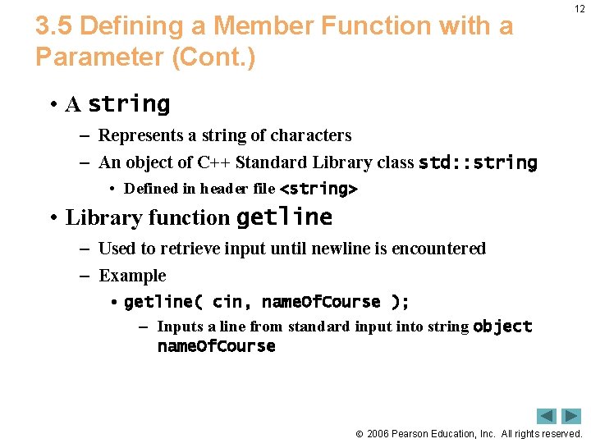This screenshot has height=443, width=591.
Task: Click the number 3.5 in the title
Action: click(54, 26)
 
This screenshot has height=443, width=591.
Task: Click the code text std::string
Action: click(478, 162)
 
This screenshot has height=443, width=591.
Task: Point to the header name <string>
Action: click(318, 189)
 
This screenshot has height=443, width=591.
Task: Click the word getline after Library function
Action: click(284, 217)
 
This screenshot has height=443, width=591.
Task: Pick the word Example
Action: click(132, 276)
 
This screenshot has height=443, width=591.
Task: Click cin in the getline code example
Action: click(227, 302)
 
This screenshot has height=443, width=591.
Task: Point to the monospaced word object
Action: click(503, 327)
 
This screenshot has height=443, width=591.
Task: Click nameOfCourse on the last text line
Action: click(216, 346)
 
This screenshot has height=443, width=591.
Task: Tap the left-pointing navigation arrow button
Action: click(547, 416)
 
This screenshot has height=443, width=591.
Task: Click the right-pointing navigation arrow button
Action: click(571, 416)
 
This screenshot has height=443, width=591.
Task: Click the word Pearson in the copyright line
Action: click(412, 433)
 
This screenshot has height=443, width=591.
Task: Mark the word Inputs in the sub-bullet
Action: click(180, 327)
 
